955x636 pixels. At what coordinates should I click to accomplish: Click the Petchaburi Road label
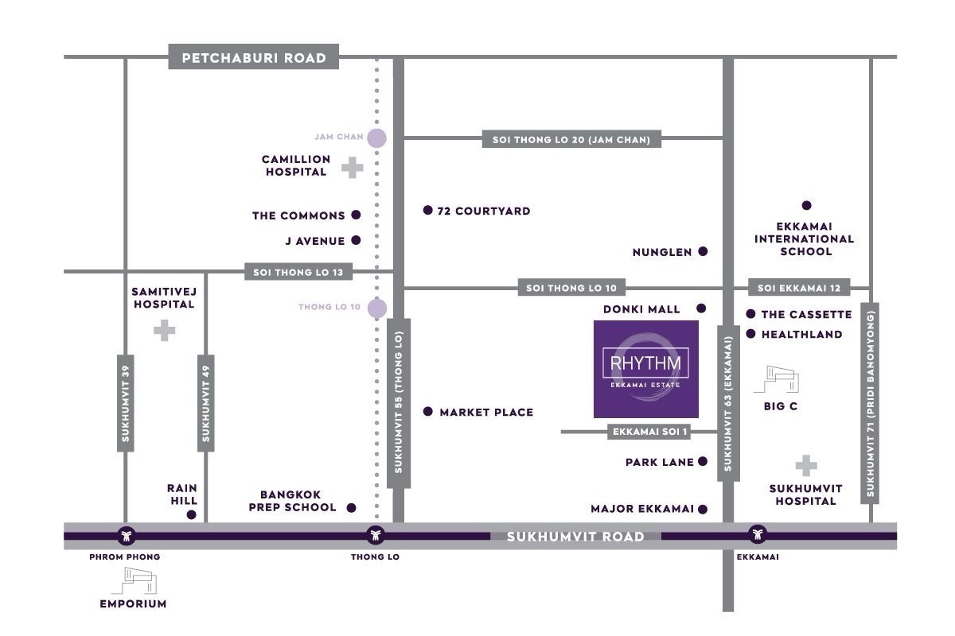(254, 58)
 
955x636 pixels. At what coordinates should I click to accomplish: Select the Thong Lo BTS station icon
(376, 534)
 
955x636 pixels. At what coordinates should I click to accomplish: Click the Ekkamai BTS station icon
(757, 534)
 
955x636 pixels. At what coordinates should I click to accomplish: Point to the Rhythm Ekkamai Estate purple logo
(646, 369)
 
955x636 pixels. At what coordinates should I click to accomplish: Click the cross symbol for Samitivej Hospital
(164, 330)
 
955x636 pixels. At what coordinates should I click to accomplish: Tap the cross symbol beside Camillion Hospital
(352, 167)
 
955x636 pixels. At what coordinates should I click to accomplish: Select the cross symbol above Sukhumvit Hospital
(806, 465)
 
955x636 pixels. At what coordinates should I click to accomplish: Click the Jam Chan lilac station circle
(376, 138)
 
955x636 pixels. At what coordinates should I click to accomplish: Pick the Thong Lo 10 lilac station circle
(376, 308)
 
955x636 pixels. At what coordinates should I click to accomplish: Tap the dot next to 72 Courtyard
(428, 211)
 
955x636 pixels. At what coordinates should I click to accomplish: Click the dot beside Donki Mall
(701, 308)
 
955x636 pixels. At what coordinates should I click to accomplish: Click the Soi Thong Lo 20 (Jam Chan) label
(566, 140)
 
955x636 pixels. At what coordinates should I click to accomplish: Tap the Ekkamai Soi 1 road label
(650, 432)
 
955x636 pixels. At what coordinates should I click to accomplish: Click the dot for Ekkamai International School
(806, 205)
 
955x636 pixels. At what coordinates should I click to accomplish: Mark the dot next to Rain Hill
(191, 515)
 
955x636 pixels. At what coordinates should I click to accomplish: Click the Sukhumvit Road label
(575, 537)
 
